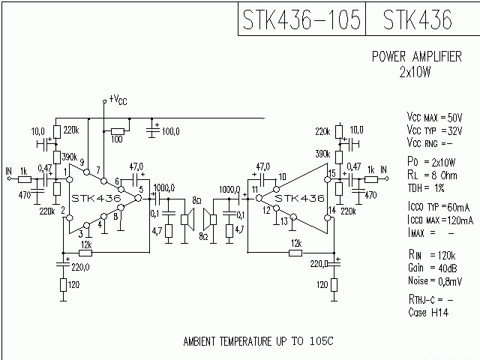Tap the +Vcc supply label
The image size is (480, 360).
118,98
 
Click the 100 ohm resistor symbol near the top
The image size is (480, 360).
117,130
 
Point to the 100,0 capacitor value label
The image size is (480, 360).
170,131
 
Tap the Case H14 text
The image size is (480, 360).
427,311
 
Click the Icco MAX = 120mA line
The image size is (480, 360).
439,220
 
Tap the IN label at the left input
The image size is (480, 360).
9,170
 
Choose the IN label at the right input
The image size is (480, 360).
383,171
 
